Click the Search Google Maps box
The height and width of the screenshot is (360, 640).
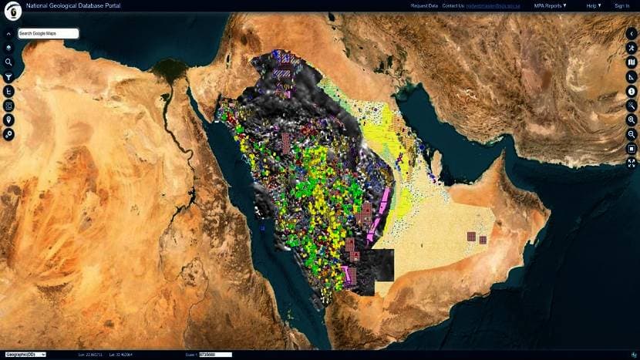(48, 34)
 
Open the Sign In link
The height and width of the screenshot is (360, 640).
(621, 5)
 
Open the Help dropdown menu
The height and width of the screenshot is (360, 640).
(593, 5)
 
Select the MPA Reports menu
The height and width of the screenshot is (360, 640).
(550, 5)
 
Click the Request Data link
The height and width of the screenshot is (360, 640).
(424, 5)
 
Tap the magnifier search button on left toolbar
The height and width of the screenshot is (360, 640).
(9, 62)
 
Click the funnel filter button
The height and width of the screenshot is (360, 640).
(9, 76)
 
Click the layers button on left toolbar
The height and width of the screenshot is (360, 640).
(9, 48)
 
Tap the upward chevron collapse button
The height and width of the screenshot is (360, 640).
(9, 34)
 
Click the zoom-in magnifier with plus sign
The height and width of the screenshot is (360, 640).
(632, 119)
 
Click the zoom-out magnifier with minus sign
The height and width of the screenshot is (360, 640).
(632, 133)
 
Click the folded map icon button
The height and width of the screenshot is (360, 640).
(632, 62)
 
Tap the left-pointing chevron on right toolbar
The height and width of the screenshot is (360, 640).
(632, 34)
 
